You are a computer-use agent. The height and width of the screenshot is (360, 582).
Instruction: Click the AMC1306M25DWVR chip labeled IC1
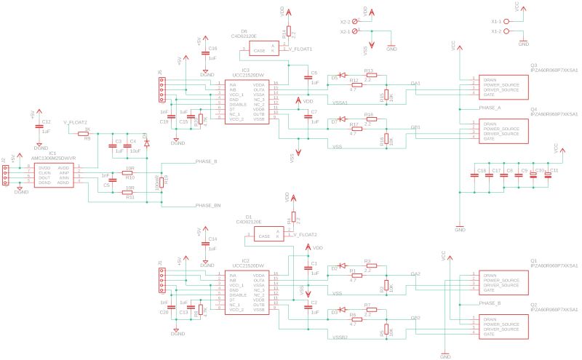53,175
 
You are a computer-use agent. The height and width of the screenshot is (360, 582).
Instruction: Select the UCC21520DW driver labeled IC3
245,102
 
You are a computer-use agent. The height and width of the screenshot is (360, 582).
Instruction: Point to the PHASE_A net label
490,108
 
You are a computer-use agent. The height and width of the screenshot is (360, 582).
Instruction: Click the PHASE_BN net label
207,206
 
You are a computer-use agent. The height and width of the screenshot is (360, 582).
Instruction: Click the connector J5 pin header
163,90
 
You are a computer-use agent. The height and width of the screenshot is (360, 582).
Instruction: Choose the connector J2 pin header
6,175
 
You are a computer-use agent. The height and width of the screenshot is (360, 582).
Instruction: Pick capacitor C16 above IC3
205,53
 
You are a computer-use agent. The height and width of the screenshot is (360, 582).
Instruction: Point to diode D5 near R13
337,77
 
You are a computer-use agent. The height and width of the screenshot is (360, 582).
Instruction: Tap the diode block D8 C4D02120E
263,49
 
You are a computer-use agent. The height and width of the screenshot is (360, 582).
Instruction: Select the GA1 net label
415,84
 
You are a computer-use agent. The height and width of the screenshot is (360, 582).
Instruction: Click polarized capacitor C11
549,175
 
